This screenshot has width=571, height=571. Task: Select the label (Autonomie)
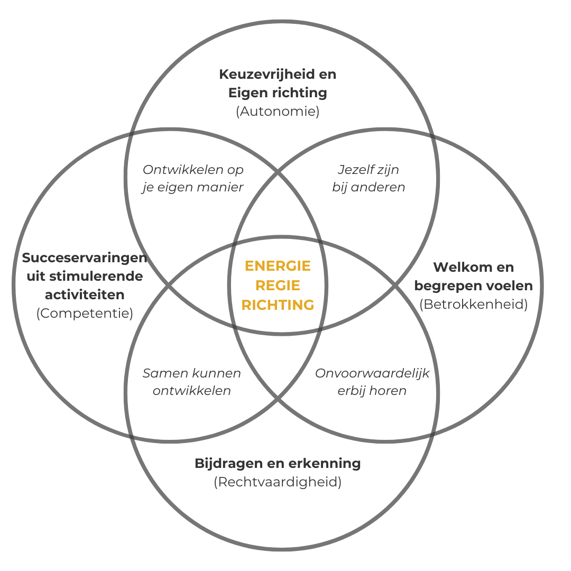[x=278, y=112]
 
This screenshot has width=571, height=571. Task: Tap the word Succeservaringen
[x=85, y=257]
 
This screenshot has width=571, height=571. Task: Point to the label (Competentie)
[x=85, y=313]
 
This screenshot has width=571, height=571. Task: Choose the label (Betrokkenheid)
[x=473, y=305]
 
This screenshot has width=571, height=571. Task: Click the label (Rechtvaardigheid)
[x=278, y=482]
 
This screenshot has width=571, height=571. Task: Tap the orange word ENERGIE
[x=278, y=265]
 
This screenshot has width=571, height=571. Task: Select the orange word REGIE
[x=278, y=285]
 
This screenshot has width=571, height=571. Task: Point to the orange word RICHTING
[x=278, y=305]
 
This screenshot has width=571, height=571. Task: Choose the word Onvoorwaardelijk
[x=372, y=373]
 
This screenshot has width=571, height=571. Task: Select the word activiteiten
[x=85, y=294]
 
